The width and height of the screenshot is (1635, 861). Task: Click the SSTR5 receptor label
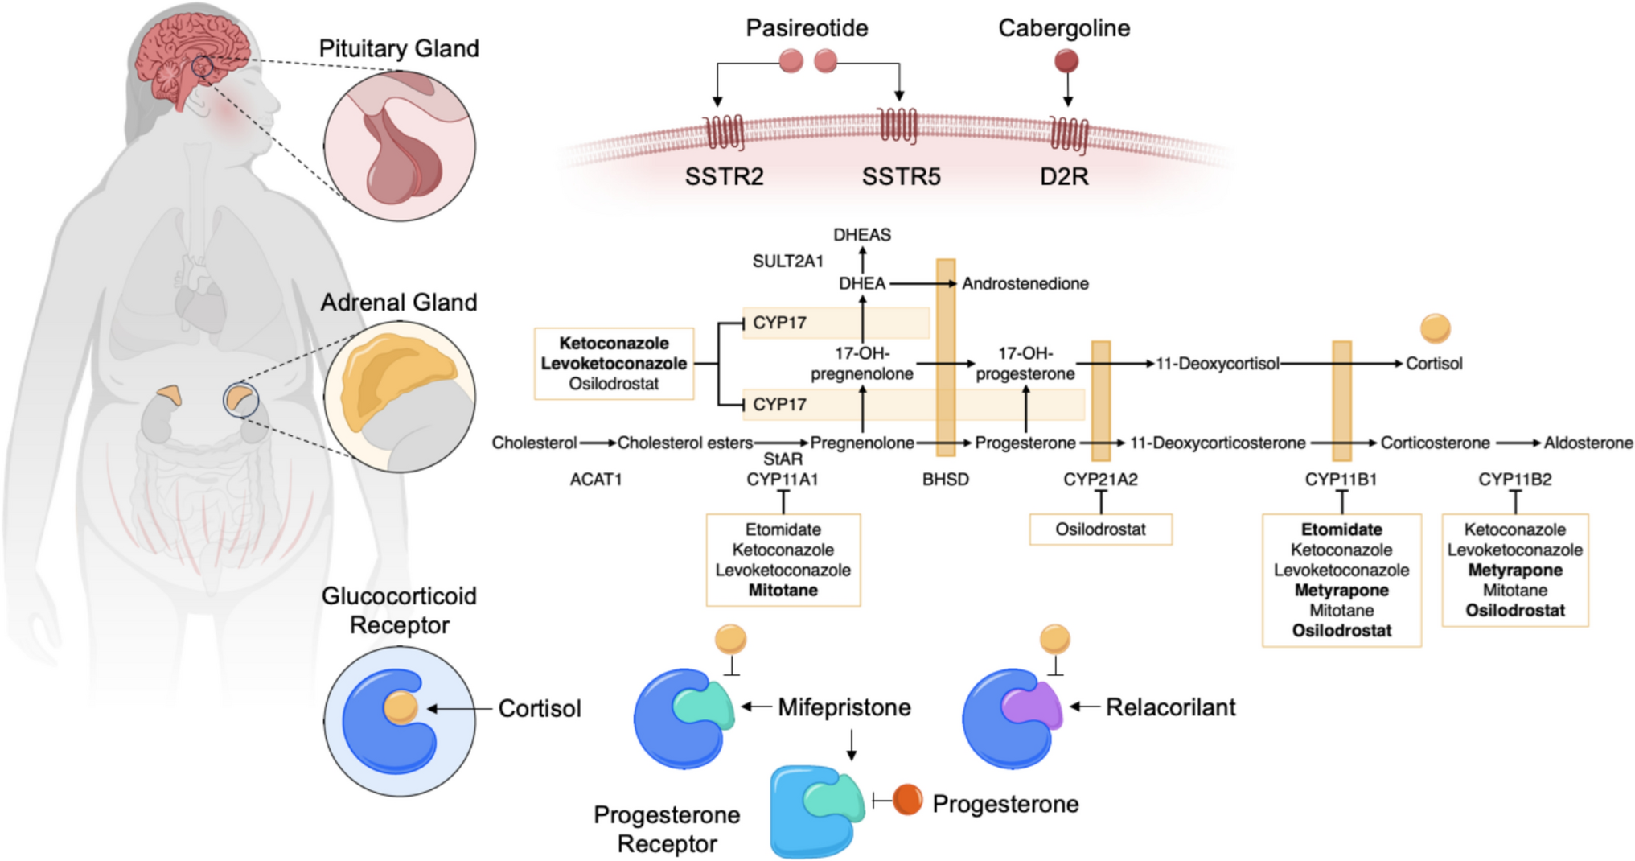(x=901, y=176)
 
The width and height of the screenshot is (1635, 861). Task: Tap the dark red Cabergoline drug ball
(x=1066, y=61)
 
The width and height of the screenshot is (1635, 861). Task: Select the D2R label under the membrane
(x=1064, y=176)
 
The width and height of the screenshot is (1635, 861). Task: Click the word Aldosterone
(x=1588, y=443)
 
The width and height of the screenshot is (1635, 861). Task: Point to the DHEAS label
(x=862, y=235)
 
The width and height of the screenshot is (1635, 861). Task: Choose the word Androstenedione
(x=1025, y=283)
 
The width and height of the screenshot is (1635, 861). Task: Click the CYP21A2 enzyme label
(x=1100, y=480)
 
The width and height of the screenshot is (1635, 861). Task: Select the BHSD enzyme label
(x=946, y=480)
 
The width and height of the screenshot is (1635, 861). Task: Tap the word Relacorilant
(x=1171, y=707)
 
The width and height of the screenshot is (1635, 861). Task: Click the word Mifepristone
(x=844, y=707)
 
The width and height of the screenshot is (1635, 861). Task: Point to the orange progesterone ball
(x=908, y=800)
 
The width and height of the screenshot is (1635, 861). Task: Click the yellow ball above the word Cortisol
(x=1436, y=328)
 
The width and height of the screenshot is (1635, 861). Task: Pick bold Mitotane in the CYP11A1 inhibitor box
(x=783, y=591)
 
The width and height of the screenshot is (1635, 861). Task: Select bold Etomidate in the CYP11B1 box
(x=1341, y=529)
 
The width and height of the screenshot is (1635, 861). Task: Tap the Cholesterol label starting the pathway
(x=534, y=443)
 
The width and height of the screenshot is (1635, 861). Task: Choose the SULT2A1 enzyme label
(x=788, y=262)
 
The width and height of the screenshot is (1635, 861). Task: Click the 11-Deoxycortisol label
(x=1218, y=364)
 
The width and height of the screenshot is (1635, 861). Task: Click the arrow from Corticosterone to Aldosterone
(x=1518, y=443)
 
